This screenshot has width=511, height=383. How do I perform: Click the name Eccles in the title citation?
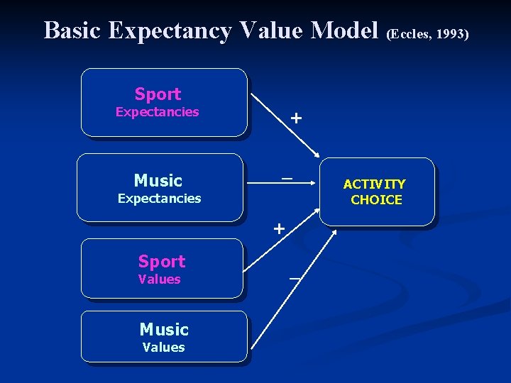(410, 33)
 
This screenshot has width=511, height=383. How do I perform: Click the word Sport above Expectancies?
(158, 94)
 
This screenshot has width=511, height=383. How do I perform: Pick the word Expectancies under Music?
(159, 199)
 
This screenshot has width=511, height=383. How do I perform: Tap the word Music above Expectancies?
(158, 180)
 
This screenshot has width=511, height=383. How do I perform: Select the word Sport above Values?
(161, 261)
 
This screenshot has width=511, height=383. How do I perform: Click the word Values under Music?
(163, 347)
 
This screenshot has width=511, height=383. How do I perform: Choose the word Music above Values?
(164, 329)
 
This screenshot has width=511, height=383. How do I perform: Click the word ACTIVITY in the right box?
(375, 184)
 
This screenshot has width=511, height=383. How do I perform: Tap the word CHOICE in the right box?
(376, 200)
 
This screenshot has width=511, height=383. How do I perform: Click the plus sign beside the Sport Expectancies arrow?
(295, 118)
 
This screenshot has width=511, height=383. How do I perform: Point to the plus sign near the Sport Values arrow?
(280, 228)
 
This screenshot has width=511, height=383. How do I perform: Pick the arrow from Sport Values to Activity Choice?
(280, 238)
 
